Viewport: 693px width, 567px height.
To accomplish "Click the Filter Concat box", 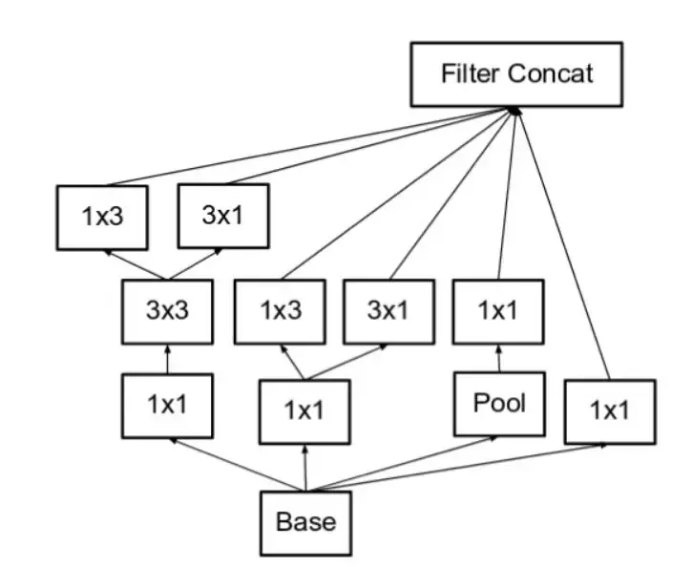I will (515, 73).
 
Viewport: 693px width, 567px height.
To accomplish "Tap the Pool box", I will (499, 404).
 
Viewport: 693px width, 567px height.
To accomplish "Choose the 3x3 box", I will (168, 312).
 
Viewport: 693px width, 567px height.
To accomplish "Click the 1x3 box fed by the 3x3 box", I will (100, 217).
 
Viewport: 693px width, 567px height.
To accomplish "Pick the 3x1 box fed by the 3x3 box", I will (224, 217).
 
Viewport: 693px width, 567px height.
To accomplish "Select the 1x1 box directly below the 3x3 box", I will (167, 405).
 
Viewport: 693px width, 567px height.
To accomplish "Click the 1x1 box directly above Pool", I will (497, 311).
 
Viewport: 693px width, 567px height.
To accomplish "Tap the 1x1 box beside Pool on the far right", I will (609, 411).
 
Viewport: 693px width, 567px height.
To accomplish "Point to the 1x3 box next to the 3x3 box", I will (281, 311).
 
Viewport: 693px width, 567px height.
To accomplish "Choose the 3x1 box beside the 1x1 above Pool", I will (388, 311).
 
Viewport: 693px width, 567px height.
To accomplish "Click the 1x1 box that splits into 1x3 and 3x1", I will (304, 410).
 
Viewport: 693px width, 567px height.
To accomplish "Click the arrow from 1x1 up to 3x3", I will (168, 359).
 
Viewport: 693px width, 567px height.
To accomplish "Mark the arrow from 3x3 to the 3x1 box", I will (197, 264).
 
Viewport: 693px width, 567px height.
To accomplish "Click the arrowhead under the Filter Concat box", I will (514, 111).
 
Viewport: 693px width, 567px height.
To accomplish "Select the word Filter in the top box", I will (470, 73).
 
